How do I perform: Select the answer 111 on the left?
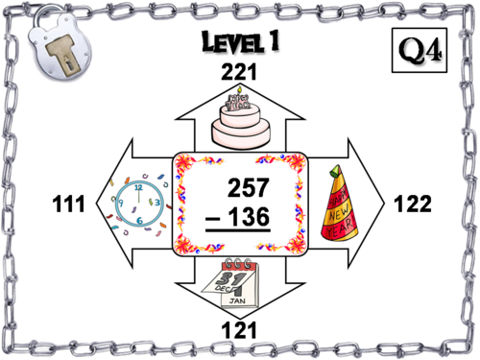tap(68, 204)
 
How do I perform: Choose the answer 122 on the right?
tap(413, 204)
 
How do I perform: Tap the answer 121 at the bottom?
tap(237, 331)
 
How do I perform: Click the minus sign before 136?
tap(213, 220)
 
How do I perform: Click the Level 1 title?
tap(238, 42)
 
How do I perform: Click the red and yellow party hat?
tap(343, 202)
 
